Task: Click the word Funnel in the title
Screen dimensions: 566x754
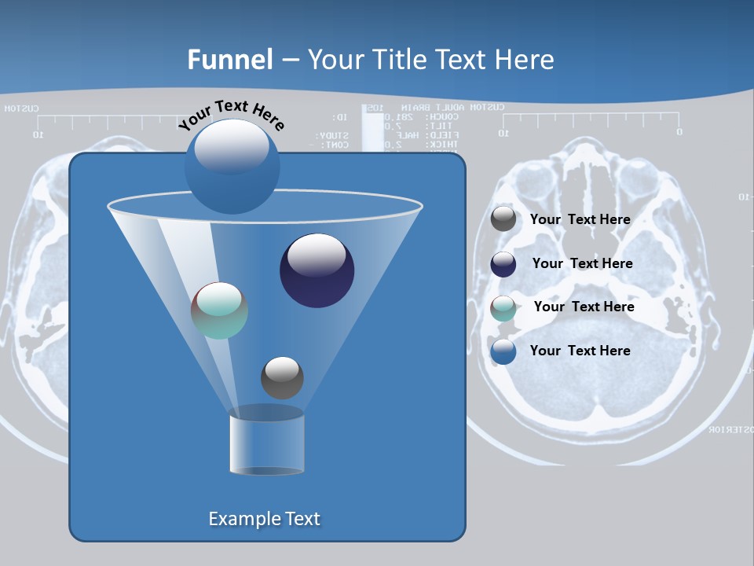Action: coord(230,59)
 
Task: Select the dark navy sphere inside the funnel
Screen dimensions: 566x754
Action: coord(317,271)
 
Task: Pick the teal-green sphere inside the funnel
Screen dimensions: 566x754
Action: coord(219,311)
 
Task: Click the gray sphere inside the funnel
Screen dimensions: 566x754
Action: coord(282,377)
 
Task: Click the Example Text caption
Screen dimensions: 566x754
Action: coord(264,519)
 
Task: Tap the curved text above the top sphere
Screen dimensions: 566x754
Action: coord(231,115)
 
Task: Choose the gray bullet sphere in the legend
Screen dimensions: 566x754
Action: coord(503,219)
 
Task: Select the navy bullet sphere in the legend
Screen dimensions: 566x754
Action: coord(503,264)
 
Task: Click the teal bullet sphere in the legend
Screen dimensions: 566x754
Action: coord(503,308)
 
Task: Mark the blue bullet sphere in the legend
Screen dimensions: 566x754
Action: coord(503,351)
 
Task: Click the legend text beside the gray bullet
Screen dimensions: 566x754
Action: coord(580,220)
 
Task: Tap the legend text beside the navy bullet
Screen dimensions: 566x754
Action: coord(582,264)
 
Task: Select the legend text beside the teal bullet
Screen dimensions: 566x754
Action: coord(584,307)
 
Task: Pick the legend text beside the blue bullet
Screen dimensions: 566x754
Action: coord(580,351)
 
